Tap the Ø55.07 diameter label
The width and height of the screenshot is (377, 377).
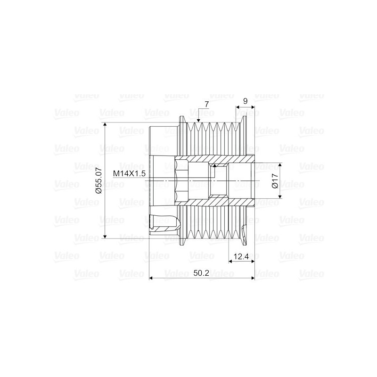[x=98, y=181]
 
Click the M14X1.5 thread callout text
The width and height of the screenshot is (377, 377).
[x=129, y=174]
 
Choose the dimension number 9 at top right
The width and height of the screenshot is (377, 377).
[x=245, y=101]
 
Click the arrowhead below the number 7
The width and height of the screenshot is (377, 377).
[x=198, y=121]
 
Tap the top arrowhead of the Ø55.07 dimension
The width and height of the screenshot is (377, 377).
[x=105, y=126]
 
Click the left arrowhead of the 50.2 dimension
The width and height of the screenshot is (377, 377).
[x=151, y=279]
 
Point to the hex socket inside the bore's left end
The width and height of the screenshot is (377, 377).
[x=181, y=180]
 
